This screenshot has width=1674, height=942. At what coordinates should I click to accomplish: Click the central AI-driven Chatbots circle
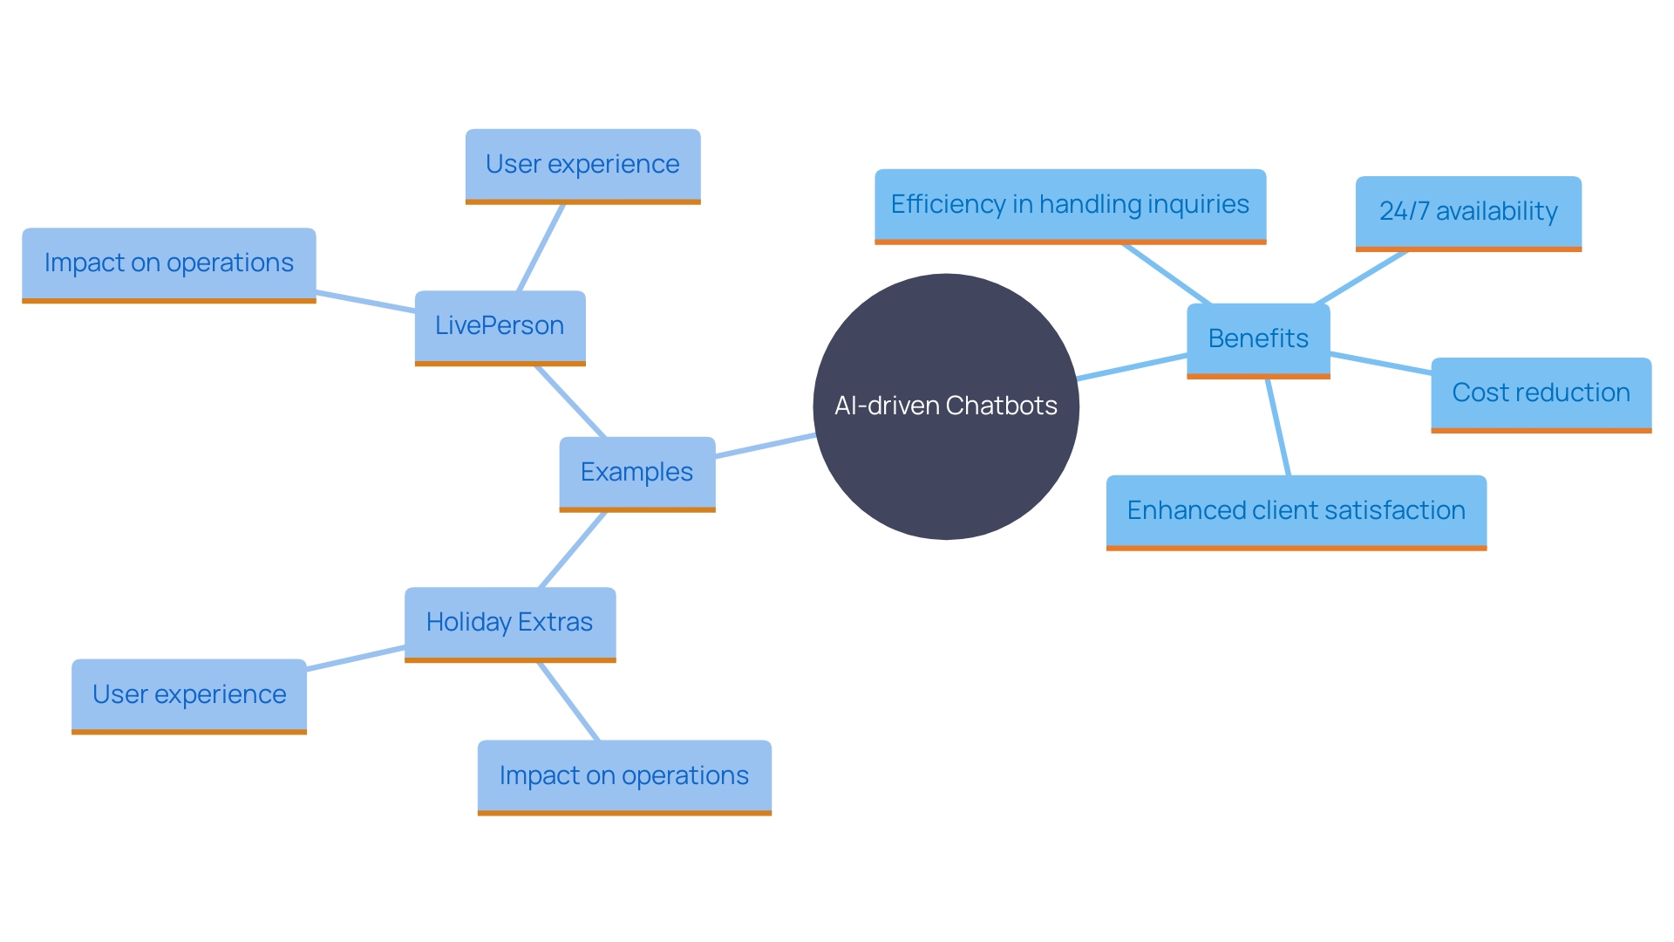point(946,406)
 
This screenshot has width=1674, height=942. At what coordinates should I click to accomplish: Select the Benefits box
point(1258,339)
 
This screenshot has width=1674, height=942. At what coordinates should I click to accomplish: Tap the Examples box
point(636,473)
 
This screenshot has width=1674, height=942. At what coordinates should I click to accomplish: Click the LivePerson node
point(500,326)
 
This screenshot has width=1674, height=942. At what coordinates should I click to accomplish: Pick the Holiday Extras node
point(510,623)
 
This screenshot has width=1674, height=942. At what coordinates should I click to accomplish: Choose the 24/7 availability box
point(1468,212)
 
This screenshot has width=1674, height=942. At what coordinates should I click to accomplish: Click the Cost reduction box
point(1541,393)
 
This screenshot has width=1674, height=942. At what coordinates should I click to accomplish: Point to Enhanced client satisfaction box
point(1296,511)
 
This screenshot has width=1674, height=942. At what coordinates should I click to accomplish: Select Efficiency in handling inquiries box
point(1070,205)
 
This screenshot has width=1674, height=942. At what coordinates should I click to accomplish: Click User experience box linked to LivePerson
point(582,165)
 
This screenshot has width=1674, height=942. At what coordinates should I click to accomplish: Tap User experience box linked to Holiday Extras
point(189,695)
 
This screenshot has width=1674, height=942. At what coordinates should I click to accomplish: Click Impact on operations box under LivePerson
point(168,263)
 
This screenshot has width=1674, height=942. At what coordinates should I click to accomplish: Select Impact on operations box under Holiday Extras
point(624,776)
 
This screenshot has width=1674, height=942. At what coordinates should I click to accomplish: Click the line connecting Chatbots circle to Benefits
point(1132,367)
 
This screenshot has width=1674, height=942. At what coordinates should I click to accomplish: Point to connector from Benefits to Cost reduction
point(1381,363)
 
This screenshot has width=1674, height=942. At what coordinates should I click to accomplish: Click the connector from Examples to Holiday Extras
point(573,549)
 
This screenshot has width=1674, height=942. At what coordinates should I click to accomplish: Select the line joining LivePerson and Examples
point(570,401)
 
